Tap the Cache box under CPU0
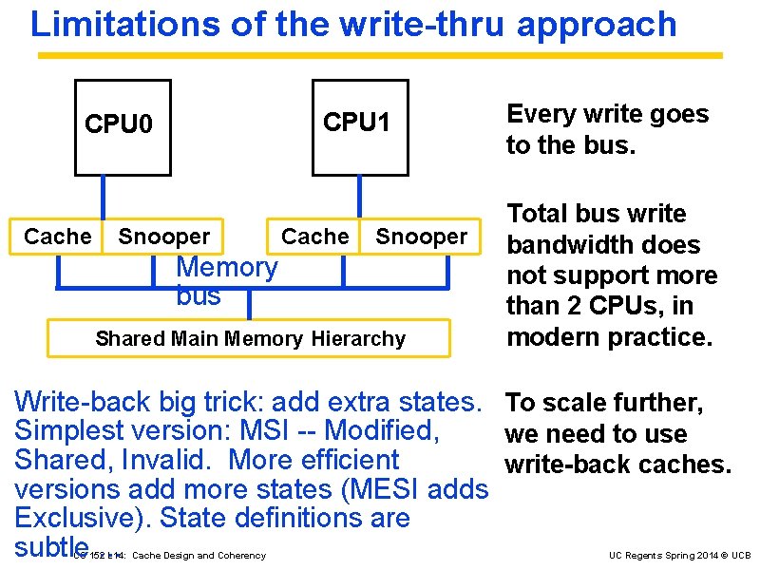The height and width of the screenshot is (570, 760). [57, 237]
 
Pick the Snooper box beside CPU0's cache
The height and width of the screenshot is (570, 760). [163, 237]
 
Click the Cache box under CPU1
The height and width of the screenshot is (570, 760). [315, 237]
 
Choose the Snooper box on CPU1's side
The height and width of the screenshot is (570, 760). [422, 237]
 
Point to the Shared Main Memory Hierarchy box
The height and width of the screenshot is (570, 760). [250, 338]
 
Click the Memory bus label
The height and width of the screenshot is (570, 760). [226, 281]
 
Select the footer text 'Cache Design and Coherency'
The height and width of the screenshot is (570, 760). [199, 556]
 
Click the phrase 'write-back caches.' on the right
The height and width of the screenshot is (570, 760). [617, 465]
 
